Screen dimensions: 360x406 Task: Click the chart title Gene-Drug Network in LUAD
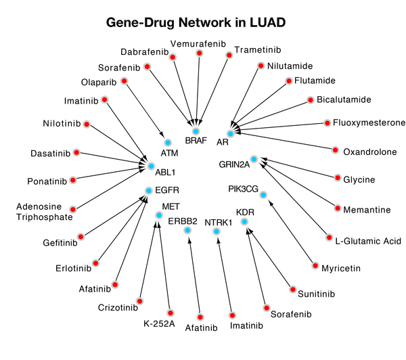point(196,23)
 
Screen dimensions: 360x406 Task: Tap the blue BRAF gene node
point(196,131)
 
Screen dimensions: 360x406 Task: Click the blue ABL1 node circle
point(151,164)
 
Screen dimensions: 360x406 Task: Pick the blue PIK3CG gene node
point(263,196)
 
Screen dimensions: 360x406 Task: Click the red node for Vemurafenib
point(199,53)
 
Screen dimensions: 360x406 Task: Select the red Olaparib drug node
point(125,80)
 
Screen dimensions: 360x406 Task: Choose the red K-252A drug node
point(171,313)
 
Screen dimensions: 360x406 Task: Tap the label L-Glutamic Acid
point(368,241)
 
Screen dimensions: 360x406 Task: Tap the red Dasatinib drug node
point(76,152)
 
